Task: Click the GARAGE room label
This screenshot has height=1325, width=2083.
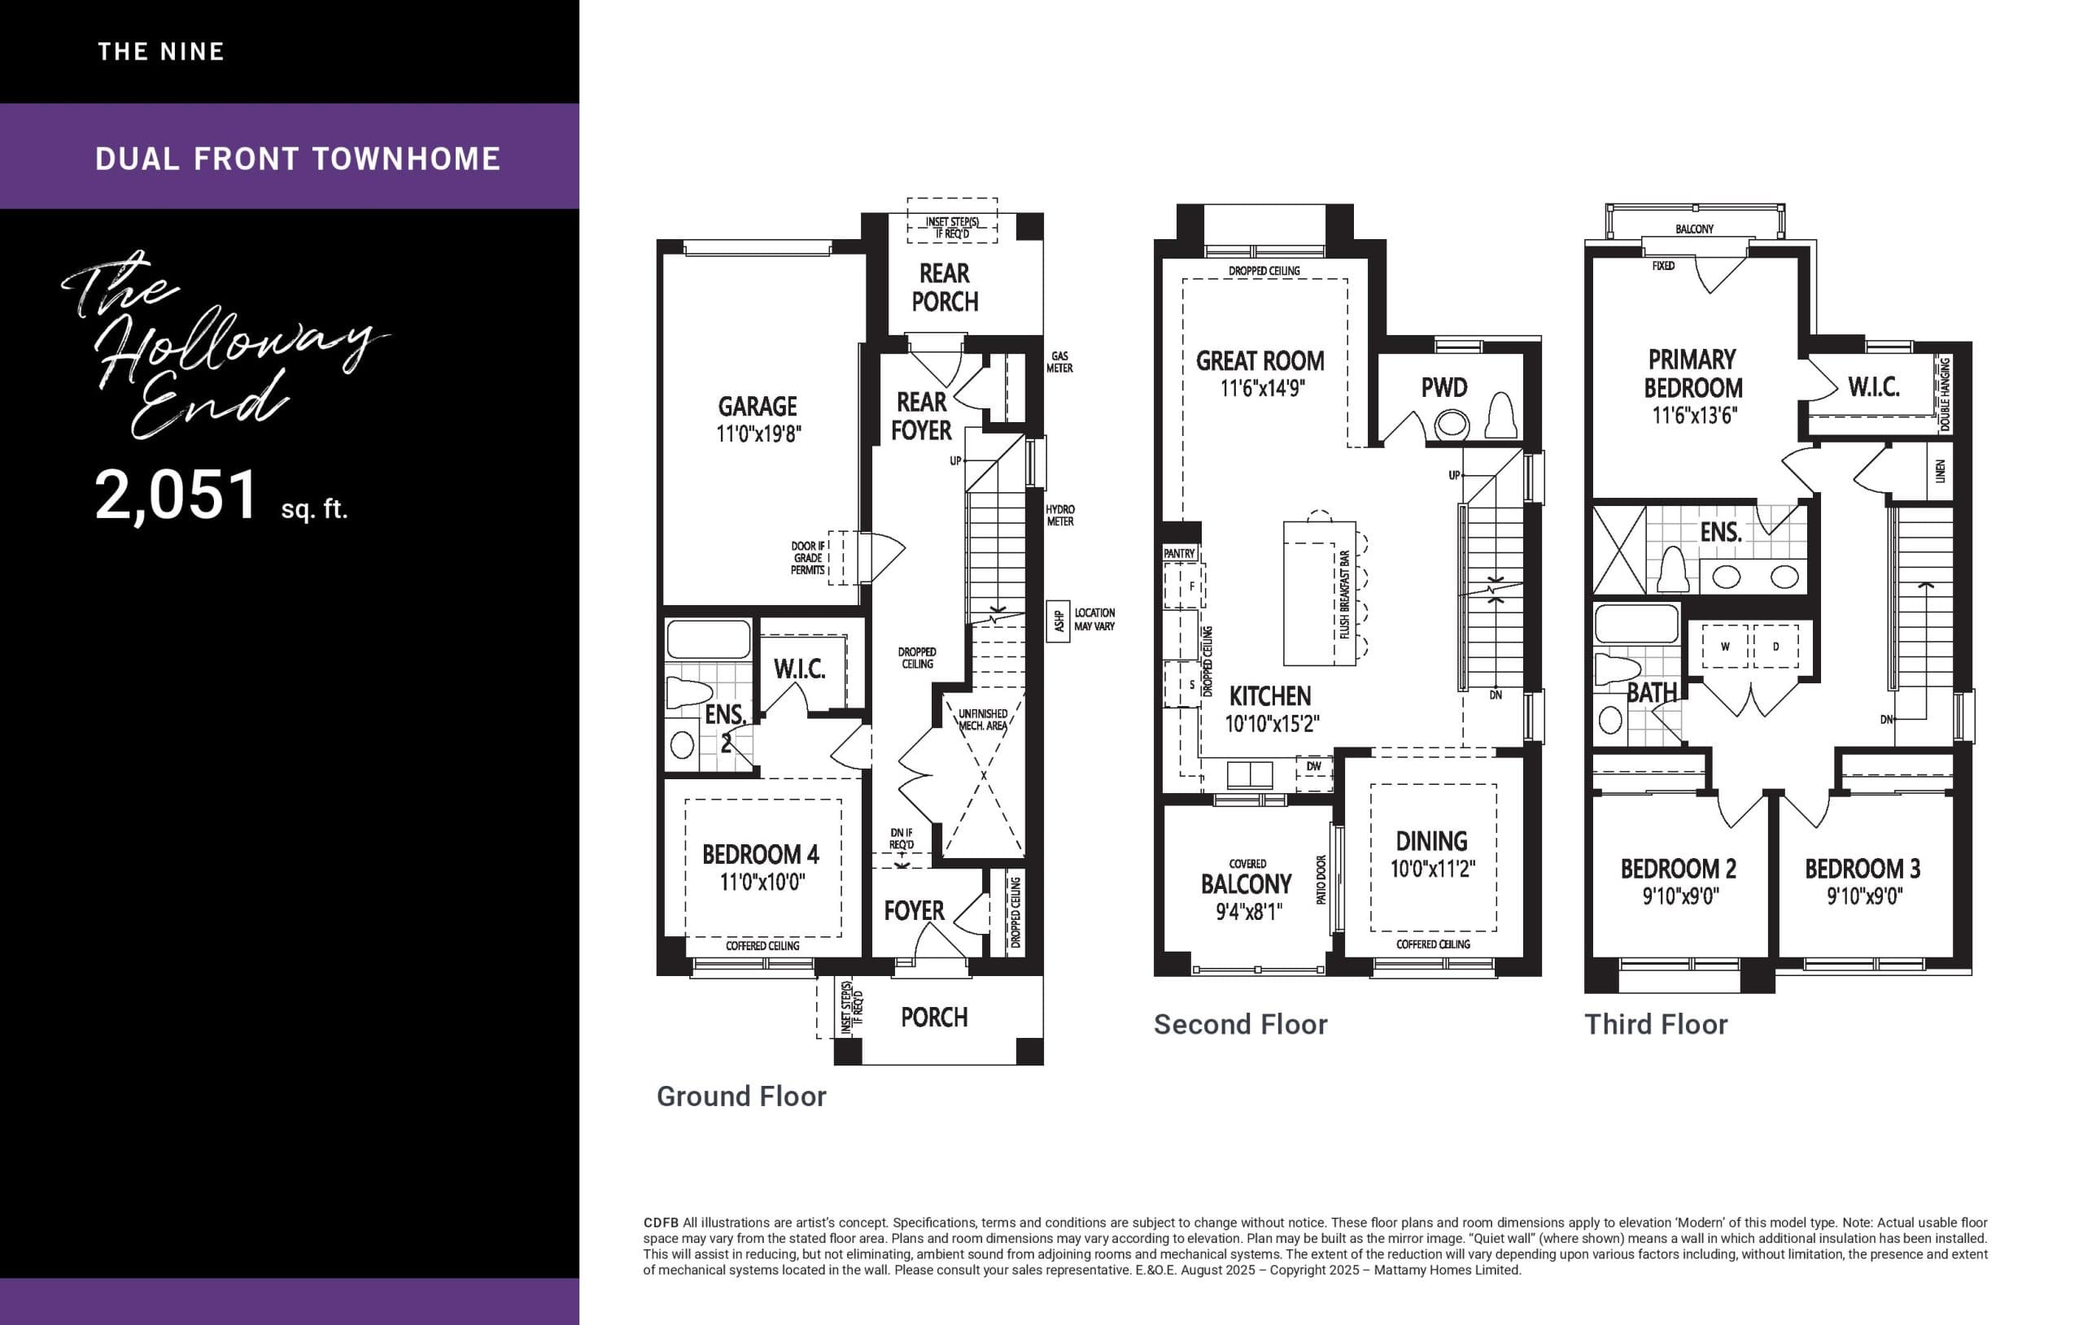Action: (757, 407)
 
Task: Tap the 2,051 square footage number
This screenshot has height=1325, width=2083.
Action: (177, 495)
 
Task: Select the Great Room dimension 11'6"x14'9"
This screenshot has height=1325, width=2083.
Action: (1262, 388)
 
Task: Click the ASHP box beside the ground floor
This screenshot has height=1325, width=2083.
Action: (1058, 620)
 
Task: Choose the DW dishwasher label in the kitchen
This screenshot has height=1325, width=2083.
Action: (1314, 766)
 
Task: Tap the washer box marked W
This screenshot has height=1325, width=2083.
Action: (1725, 647)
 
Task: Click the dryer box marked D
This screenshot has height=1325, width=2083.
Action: (1775, 647)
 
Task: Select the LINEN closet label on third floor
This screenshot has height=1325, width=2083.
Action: (1941, 472)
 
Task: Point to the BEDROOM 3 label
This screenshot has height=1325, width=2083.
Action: (1862, 869)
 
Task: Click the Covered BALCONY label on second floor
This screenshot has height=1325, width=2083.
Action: (1246, 883)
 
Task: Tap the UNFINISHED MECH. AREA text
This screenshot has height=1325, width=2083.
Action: (983, 720)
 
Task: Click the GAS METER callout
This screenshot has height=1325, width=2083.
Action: (1059, 361)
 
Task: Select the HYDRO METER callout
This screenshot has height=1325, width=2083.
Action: (1059, 516)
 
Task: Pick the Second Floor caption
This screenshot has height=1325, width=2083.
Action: (1239, 1024)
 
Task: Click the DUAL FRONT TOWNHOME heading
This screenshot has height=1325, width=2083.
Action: (298, 159)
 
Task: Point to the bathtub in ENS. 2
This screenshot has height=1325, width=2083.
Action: (709, 640)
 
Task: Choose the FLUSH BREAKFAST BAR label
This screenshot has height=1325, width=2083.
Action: (1344, 595)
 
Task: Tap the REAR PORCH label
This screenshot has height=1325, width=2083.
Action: (945, 287)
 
